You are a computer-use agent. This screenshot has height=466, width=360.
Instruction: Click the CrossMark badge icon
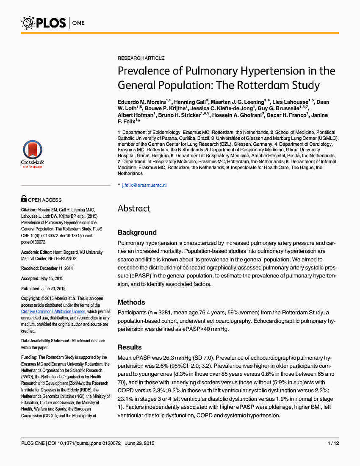pos(32,152)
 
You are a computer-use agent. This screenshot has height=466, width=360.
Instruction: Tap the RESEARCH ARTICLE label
pos(141,58)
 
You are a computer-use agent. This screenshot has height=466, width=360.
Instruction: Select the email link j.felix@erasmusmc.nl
pos(144,185)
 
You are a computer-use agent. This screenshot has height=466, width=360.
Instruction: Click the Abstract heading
pos(134,208)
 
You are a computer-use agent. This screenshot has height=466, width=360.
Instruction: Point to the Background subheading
pos(137,232)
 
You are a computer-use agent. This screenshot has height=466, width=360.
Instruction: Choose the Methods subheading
pos(131,302)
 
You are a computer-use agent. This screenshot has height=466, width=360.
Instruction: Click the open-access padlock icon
pos(24,198)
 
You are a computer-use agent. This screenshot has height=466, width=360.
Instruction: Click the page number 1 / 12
pos(333,443)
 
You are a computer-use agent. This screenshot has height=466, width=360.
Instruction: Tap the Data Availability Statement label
pos(45,341)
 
